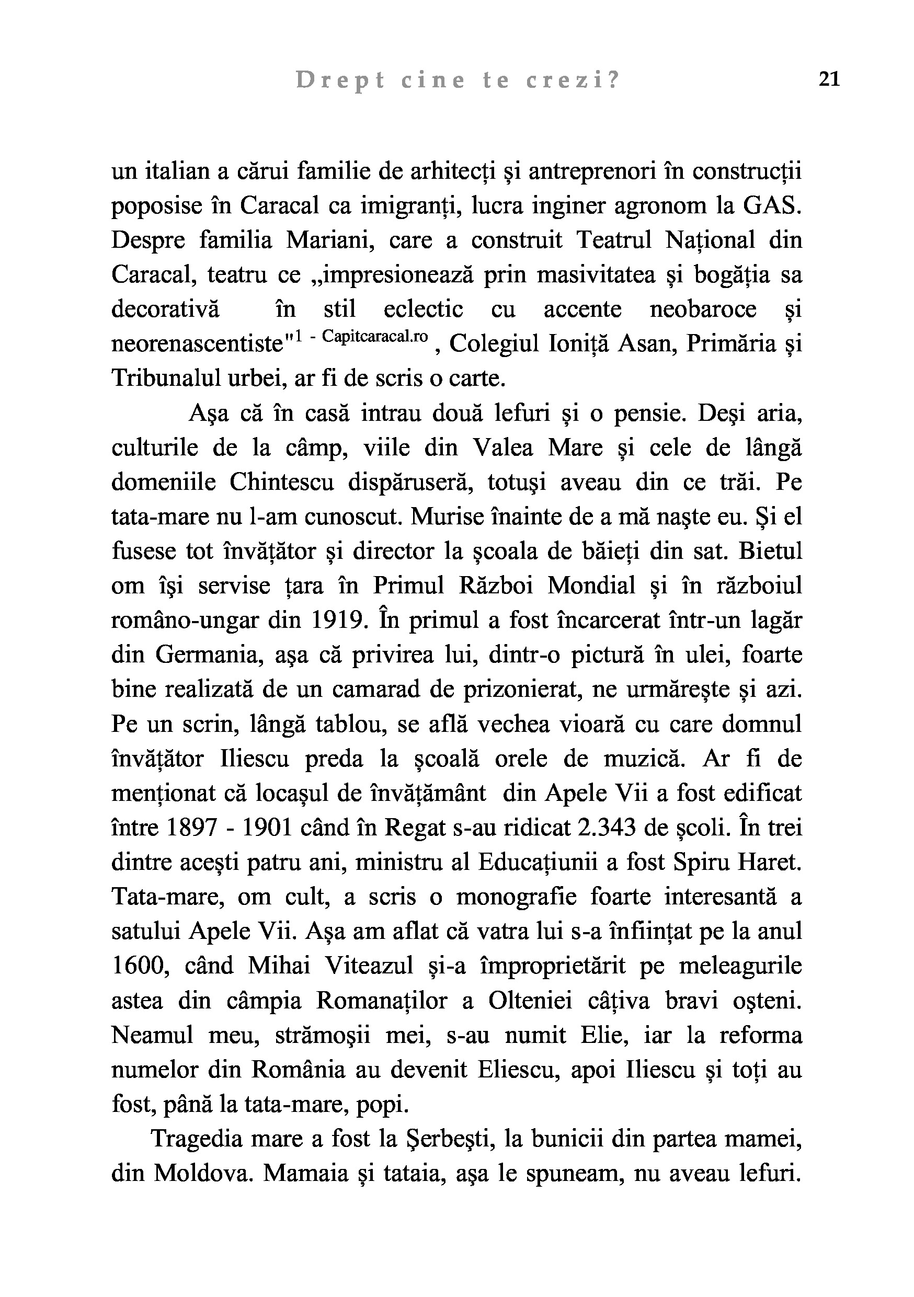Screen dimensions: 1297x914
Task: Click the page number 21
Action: coord(829,79)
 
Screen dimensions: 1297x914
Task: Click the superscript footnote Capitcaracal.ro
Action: coord(374,337)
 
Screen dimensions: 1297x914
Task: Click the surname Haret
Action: coord(774,863)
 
